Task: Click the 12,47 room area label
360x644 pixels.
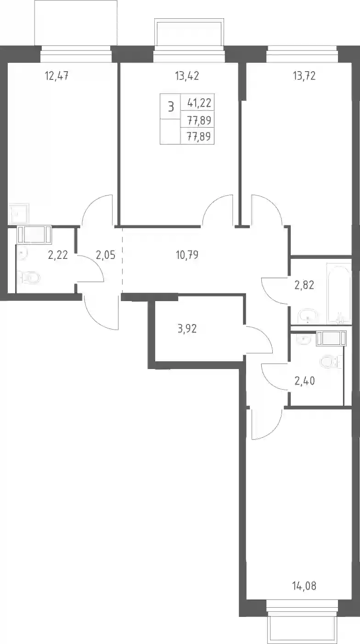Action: tap(57, 76)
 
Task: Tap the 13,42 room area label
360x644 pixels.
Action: tap(187, 76)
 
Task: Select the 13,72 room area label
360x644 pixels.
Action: tap(304, 76)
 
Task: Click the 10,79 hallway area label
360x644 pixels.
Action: tap(187, 255)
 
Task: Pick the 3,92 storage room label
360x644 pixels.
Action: tap(187, 328)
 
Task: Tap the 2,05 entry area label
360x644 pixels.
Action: tap(106, 255)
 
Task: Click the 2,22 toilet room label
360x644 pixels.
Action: tap(58, 255)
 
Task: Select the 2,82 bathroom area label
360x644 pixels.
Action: tap(304, 285)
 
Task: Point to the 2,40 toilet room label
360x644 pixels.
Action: tap(304, 381)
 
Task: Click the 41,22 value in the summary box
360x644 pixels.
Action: tap(199, 103)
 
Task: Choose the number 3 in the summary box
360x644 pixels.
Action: tap(171, 107)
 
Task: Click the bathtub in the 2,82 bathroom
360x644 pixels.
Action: tap(339, 293)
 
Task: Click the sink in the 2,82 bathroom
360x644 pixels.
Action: tap(308, 316)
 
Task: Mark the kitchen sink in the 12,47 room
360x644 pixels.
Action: tap(19, 213)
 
